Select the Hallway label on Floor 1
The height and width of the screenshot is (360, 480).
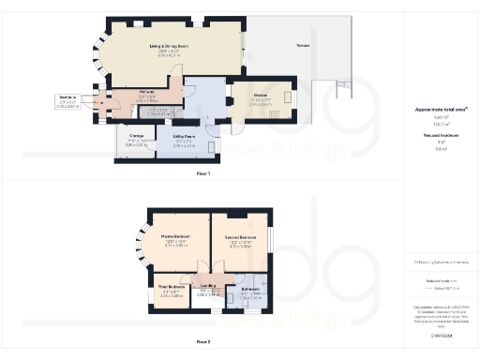point(120,92)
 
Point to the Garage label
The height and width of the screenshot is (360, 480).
point(137,136)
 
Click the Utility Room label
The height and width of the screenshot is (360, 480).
point(183,136)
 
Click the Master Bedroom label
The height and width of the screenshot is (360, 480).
point(175,235)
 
